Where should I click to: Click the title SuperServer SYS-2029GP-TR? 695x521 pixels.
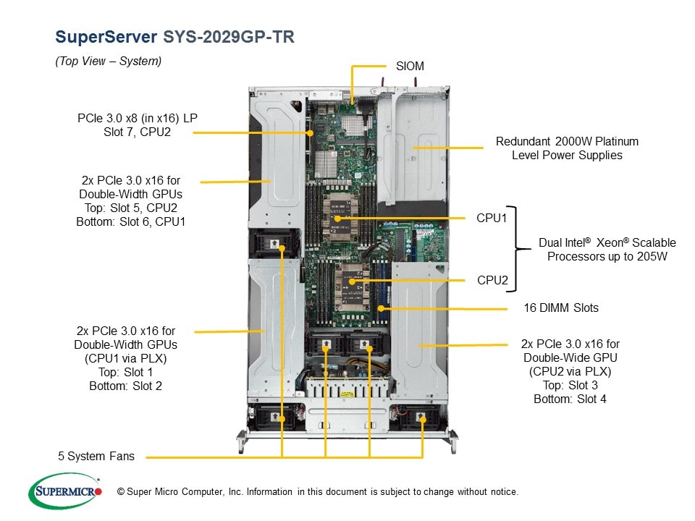pyautogui.click(x=174, y=37)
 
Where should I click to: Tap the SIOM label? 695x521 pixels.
pyautogui.click(x=410, y=66)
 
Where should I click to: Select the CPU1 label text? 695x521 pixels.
pyautogui.click(x=492, y=218)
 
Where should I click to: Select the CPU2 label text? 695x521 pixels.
pyautogui.click(x=492, y=279)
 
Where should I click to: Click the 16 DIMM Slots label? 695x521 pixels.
pyautogui.click(x=561, y=308)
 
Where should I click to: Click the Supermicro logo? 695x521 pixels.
pyautogui.click(x=65, y=491)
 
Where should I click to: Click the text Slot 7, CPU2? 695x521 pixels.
pyautogui.click(x=138, y=132)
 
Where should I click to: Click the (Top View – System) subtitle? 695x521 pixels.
pyautogui.click(x=109, y=62)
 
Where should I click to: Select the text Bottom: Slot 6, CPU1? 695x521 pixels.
pyautogui.click(x=130, y=221)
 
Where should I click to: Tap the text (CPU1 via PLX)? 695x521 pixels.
pyautogui.click(x=125, y=358)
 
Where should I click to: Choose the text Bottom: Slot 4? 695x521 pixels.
pyautogui.click(x=570, y=399)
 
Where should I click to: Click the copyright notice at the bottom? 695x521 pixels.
pyautogui.click(x=318, y=492)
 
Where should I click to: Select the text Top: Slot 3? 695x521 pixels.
pyautogui.click(x=570, y=385)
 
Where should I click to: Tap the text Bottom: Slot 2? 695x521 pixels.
pyautogui.click(x=125, y=386)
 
